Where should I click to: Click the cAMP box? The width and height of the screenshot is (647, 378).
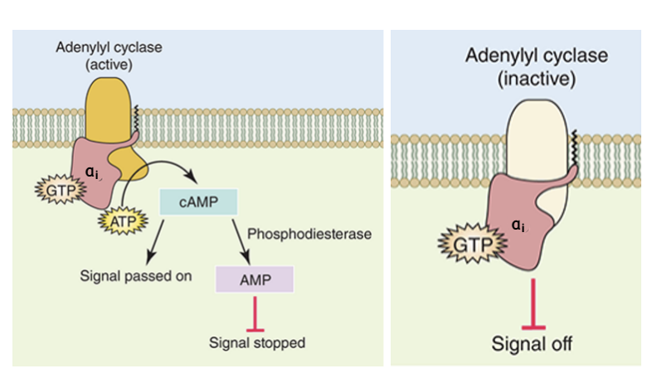[x=198, y=201]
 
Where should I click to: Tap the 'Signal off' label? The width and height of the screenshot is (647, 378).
[x=531, y=343]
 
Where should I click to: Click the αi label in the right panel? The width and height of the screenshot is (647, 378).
[x=518, y=225]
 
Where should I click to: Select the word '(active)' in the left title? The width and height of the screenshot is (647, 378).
[x=109, y=64]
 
